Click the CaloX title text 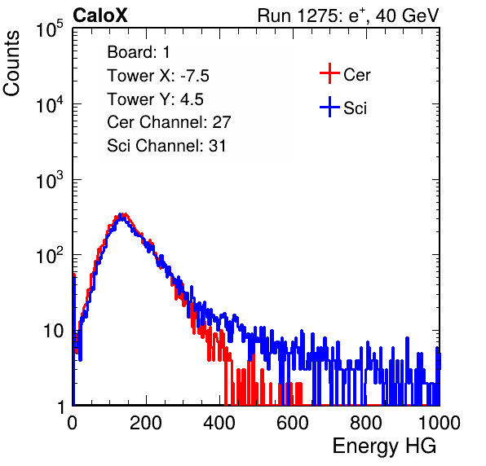[x=100, y=15]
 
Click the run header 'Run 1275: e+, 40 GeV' [x=348, y=15]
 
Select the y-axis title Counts [x=11, y=64]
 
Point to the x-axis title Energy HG [x=384, y=446]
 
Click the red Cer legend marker [x=329, y=73]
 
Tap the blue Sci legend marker [x=329, y=107]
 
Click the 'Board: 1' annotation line [x=139, y=52]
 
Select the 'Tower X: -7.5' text [x=158, y=76]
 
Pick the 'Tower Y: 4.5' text [x=155, y=99]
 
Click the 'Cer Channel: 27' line [x=169, y=122]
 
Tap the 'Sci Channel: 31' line [x=166, y=146]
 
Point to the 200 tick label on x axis [x=146, y=423]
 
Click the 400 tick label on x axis [x=219, y=423]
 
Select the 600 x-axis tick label [x=293, y=423]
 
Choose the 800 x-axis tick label [x=366, y=423]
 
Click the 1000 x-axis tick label [x=440, y=423]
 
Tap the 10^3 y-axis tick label [x=50, y=180]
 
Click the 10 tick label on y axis [x=54, y=331]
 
